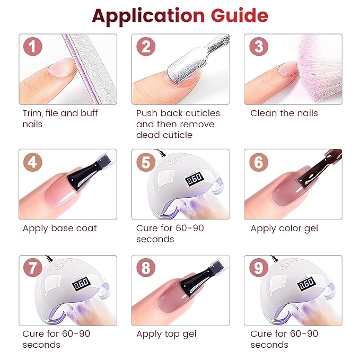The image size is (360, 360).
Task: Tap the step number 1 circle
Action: click(32, 47)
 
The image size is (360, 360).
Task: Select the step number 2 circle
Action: click(145, 47)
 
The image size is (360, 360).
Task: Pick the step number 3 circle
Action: click(258, 47)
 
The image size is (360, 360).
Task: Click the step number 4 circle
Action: click(32, 161)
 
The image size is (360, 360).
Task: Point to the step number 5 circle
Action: click(145, 161)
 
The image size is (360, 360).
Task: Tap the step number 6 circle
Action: click(258, 161)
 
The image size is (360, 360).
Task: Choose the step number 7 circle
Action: click(32, 268)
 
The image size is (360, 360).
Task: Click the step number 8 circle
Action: click(145, 268)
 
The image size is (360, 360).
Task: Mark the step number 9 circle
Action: click(258, 268)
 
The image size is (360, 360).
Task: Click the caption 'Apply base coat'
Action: click(60, 229)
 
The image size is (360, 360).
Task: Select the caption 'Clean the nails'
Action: click(284, 113)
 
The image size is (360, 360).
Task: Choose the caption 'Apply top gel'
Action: click(166, 334)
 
